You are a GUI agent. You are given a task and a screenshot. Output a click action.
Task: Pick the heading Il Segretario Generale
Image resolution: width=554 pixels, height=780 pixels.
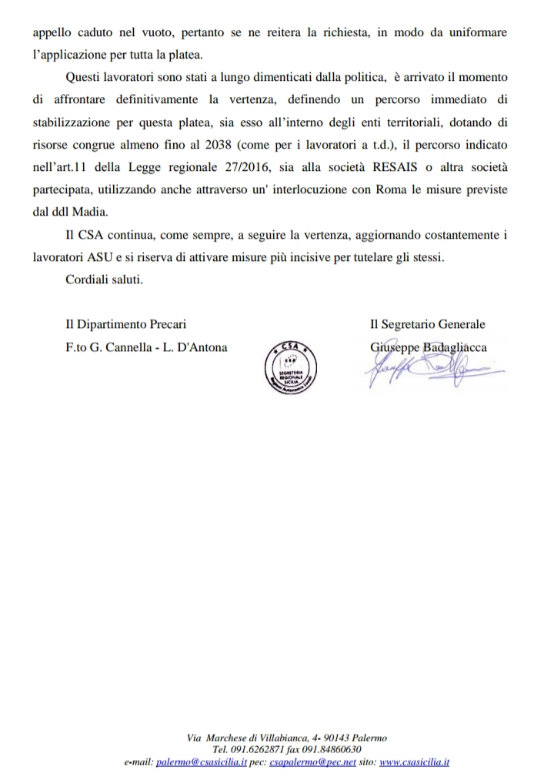click(428, 325)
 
